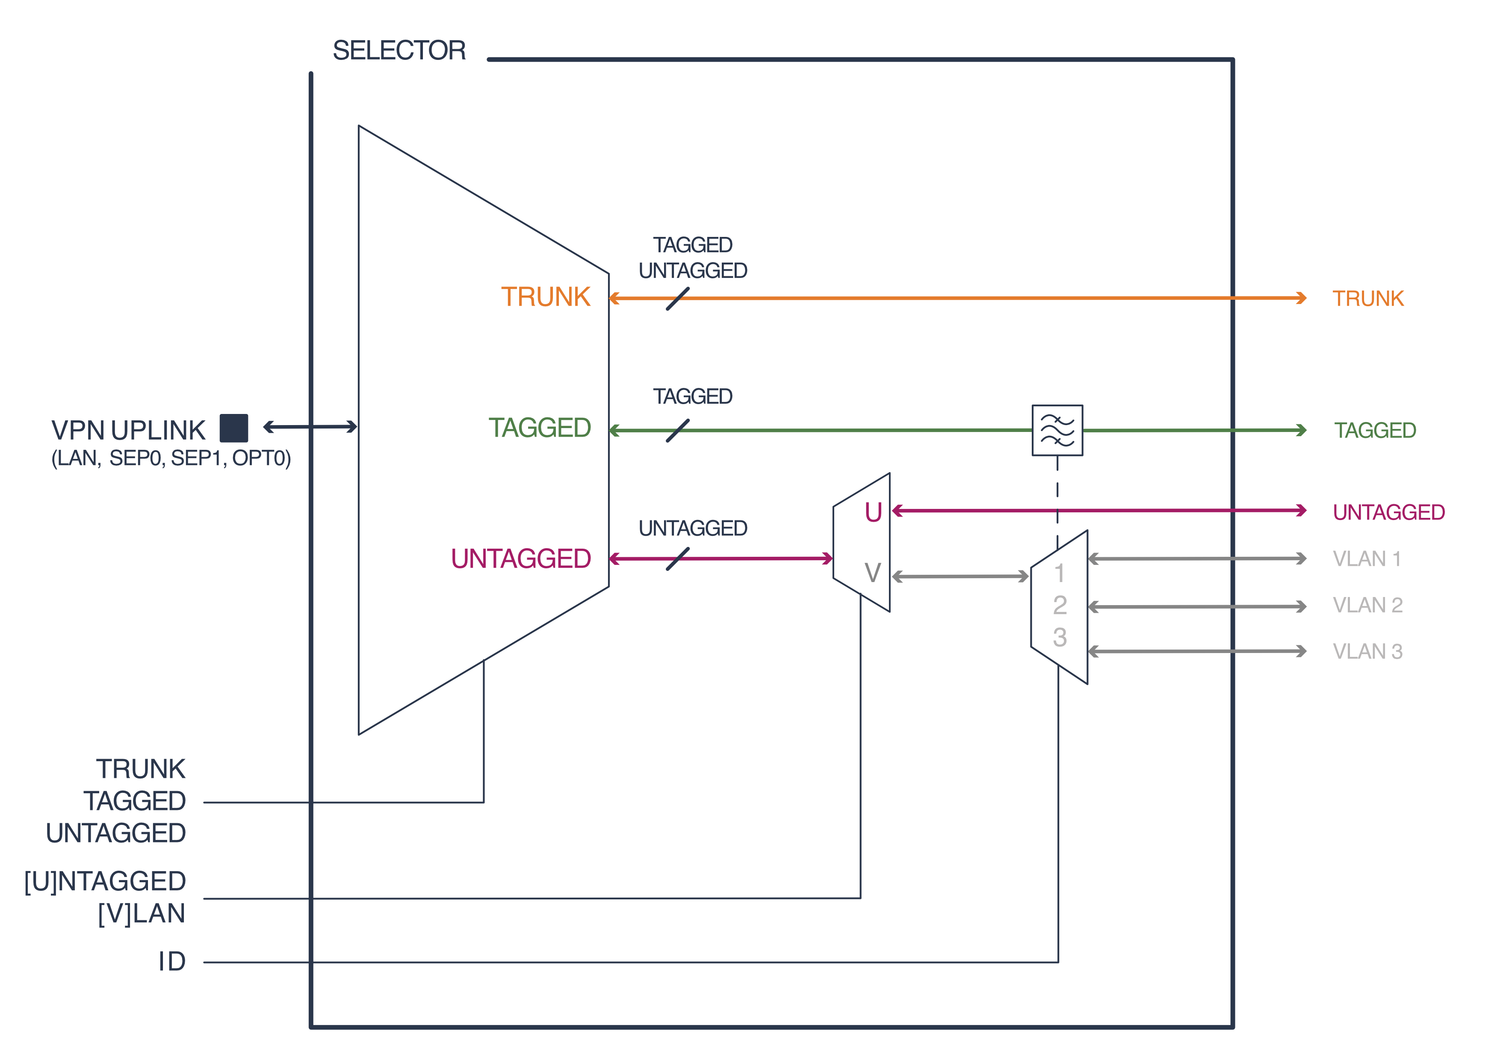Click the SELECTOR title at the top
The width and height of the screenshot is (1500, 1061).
(x=399, y=51)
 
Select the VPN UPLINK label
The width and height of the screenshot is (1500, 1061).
(x=129, y=430)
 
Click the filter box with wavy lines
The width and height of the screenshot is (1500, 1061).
(x=1057, y=430)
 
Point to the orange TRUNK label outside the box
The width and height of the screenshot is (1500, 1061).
(x=1368, y=298)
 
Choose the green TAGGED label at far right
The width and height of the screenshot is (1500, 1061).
(x=1375, y=431)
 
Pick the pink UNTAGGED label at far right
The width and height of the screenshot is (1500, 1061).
(x=1388, y=512)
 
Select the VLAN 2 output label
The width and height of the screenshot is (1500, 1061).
(x=1367, y=605)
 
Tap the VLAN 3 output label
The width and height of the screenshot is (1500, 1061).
(x=1367, y=651)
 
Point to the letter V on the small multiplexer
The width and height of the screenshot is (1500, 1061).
(x=873, y=573)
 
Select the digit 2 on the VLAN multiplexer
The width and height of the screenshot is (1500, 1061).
(x=1060, y=606)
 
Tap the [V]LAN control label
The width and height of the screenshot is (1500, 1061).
(x=142, y=913)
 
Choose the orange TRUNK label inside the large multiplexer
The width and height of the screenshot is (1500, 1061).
(x=546, y=297)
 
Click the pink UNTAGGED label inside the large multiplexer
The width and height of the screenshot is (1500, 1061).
(x=521, y=559)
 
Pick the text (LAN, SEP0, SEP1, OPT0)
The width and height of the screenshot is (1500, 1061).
(x=171, y=458)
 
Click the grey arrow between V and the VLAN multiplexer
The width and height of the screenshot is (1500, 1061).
(x=960, y=576)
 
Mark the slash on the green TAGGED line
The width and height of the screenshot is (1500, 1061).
(x=677, y=431)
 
